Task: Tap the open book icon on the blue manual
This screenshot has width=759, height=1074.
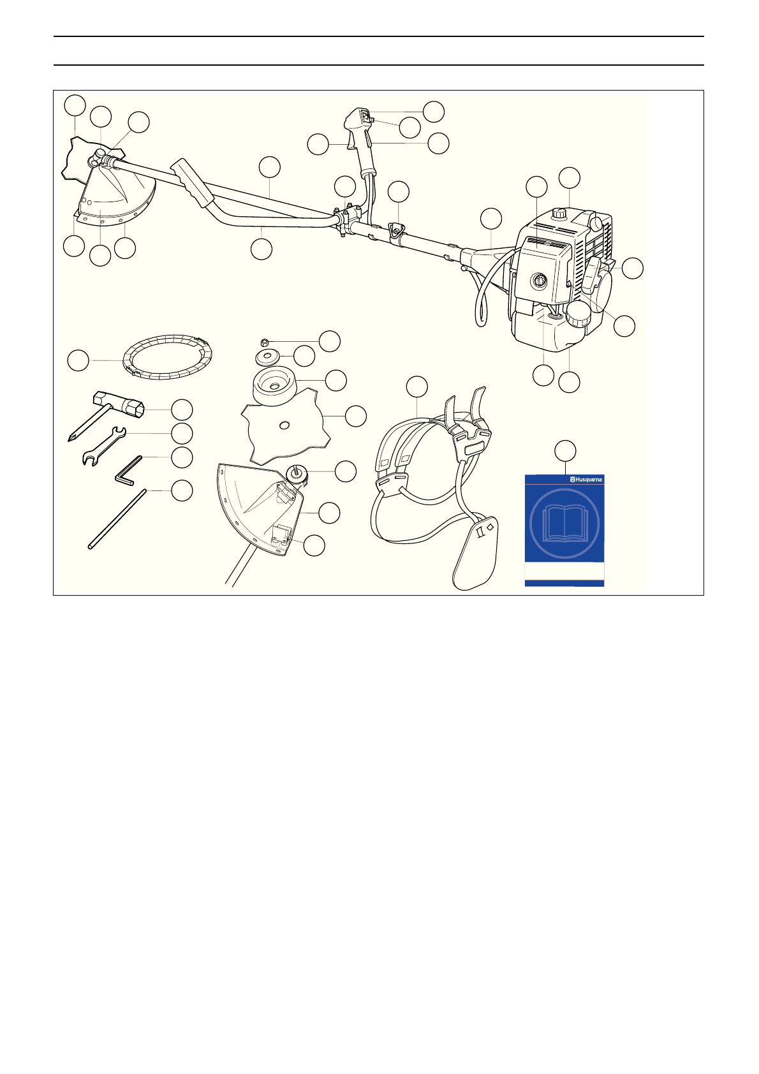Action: (x=564, y=524)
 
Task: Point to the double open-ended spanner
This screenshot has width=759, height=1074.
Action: (x=104, y=446)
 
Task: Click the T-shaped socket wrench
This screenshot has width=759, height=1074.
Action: (x=118, y=408)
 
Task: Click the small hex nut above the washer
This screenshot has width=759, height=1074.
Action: (x=265, y=341)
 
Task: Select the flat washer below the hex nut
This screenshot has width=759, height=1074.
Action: (x=268, y=355)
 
